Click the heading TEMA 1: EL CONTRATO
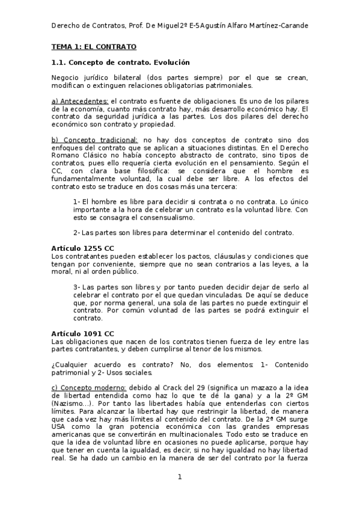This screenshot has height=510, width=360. (x=94, y=46)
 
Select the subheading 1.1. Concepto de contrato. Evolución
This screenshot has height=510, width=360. (x=121, y=62)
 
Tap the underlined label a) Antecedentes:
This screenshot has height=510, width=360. (x=80, y=101)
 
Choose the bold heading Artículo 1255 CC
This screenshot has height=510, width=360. (x=83, y=248)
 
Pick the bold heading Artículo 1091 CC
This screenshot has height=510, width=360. (x=83, y=333)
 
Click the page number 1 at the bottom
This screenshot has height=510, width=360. (x=179, y=477)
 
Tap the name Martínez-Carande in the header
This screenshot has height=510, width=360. (x=277, y=25)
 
